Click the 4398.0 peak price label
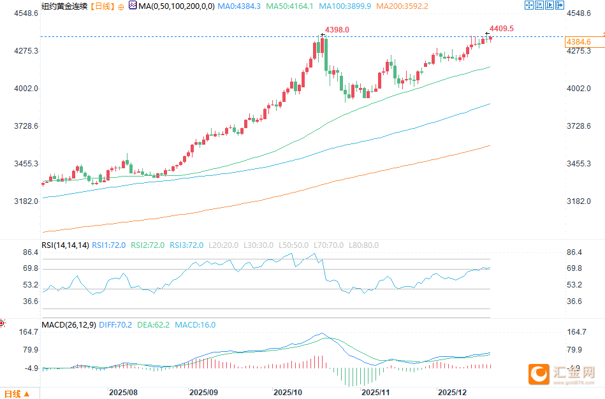(337, 30)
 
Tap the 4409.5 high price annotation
(501, 29)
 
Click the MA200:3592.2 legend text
(402, 6)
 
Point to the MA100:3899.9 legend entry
(347, 6)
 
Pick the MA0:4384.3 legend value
(239, 6)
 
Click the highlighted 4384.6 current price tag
(578, 42)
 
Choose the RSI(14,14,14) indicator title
(65, 245)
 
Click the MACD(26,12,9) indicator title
(69, 325)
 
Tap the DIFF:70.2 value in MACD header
(115, 325)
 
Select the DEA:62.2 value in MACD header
(154, 325)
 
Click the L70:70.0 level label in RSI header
(332, 245)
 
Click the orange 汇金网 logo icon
(539, 374)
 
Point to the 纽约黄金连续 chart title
(64, 6)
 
